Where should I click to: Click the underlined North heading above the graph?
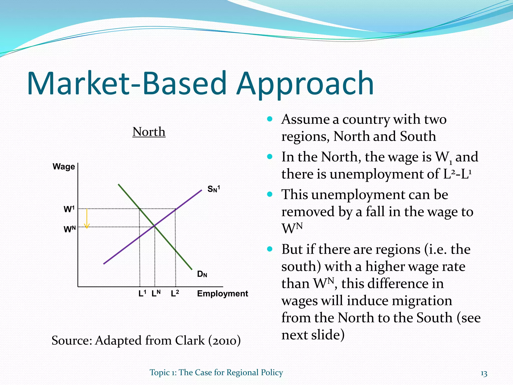point(149,132)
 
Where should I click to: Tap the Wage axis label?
point(64,167)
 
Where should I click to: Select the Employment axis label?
point(222,294)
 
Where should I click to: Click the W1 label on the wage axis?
point(69,209)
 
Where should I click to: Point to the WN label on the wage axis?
point(69,229)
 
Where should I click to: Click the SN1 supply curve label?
point(213,189)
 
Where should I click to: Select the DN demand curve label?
point(202,274)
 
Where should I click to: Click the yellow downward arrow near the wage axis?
point(87,219)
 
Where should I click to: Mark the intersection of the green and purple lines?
point(154,226)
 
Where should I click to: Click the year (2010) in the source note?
point(224,341)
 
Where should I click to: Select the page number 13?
point(484,374)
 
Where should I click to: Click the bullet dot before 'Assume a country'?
point(270,119)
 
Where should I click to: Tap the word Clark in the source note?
point(190,341)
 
